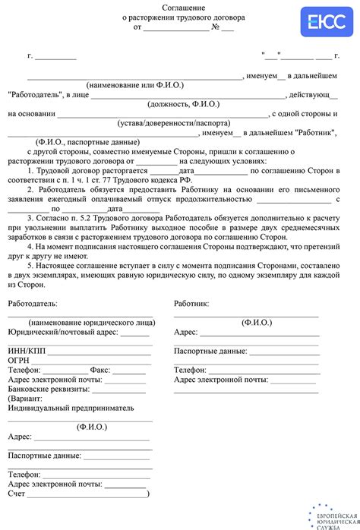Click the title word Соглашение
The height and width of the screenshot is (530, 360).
179,6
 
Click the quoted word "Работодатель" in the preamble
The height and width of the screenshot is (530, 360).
38,95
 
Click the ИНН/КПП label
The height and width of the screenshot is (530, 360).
27,351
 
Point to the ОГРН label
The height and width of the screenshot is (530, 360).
19,360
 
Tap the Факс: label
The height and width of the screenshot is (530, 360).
100,370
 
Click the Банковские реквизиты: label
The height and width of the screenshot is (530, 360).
49,389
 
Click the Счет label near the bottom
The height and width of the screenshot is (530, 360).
17,493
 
